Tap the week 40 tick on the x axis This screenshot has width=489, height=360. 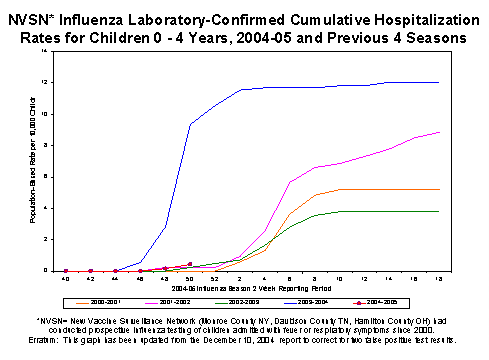coord(66,278)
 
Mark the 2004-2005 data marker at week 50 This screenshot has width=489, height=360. coord(190,264)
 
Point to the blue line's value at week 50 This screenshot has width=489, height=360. coord(190,124)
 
